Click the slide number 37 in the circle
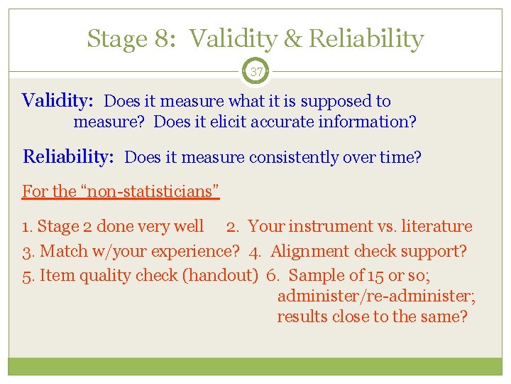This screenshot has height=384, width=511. point(255,70)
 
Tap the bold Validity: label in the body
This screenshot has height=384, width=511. point(57,101)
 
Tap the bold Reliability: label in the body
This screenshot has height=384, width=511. point(68,156)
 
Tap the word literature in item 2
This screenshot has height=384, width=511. point(436,227)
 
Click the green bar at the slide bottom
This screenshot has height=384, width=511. point(255,366)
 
